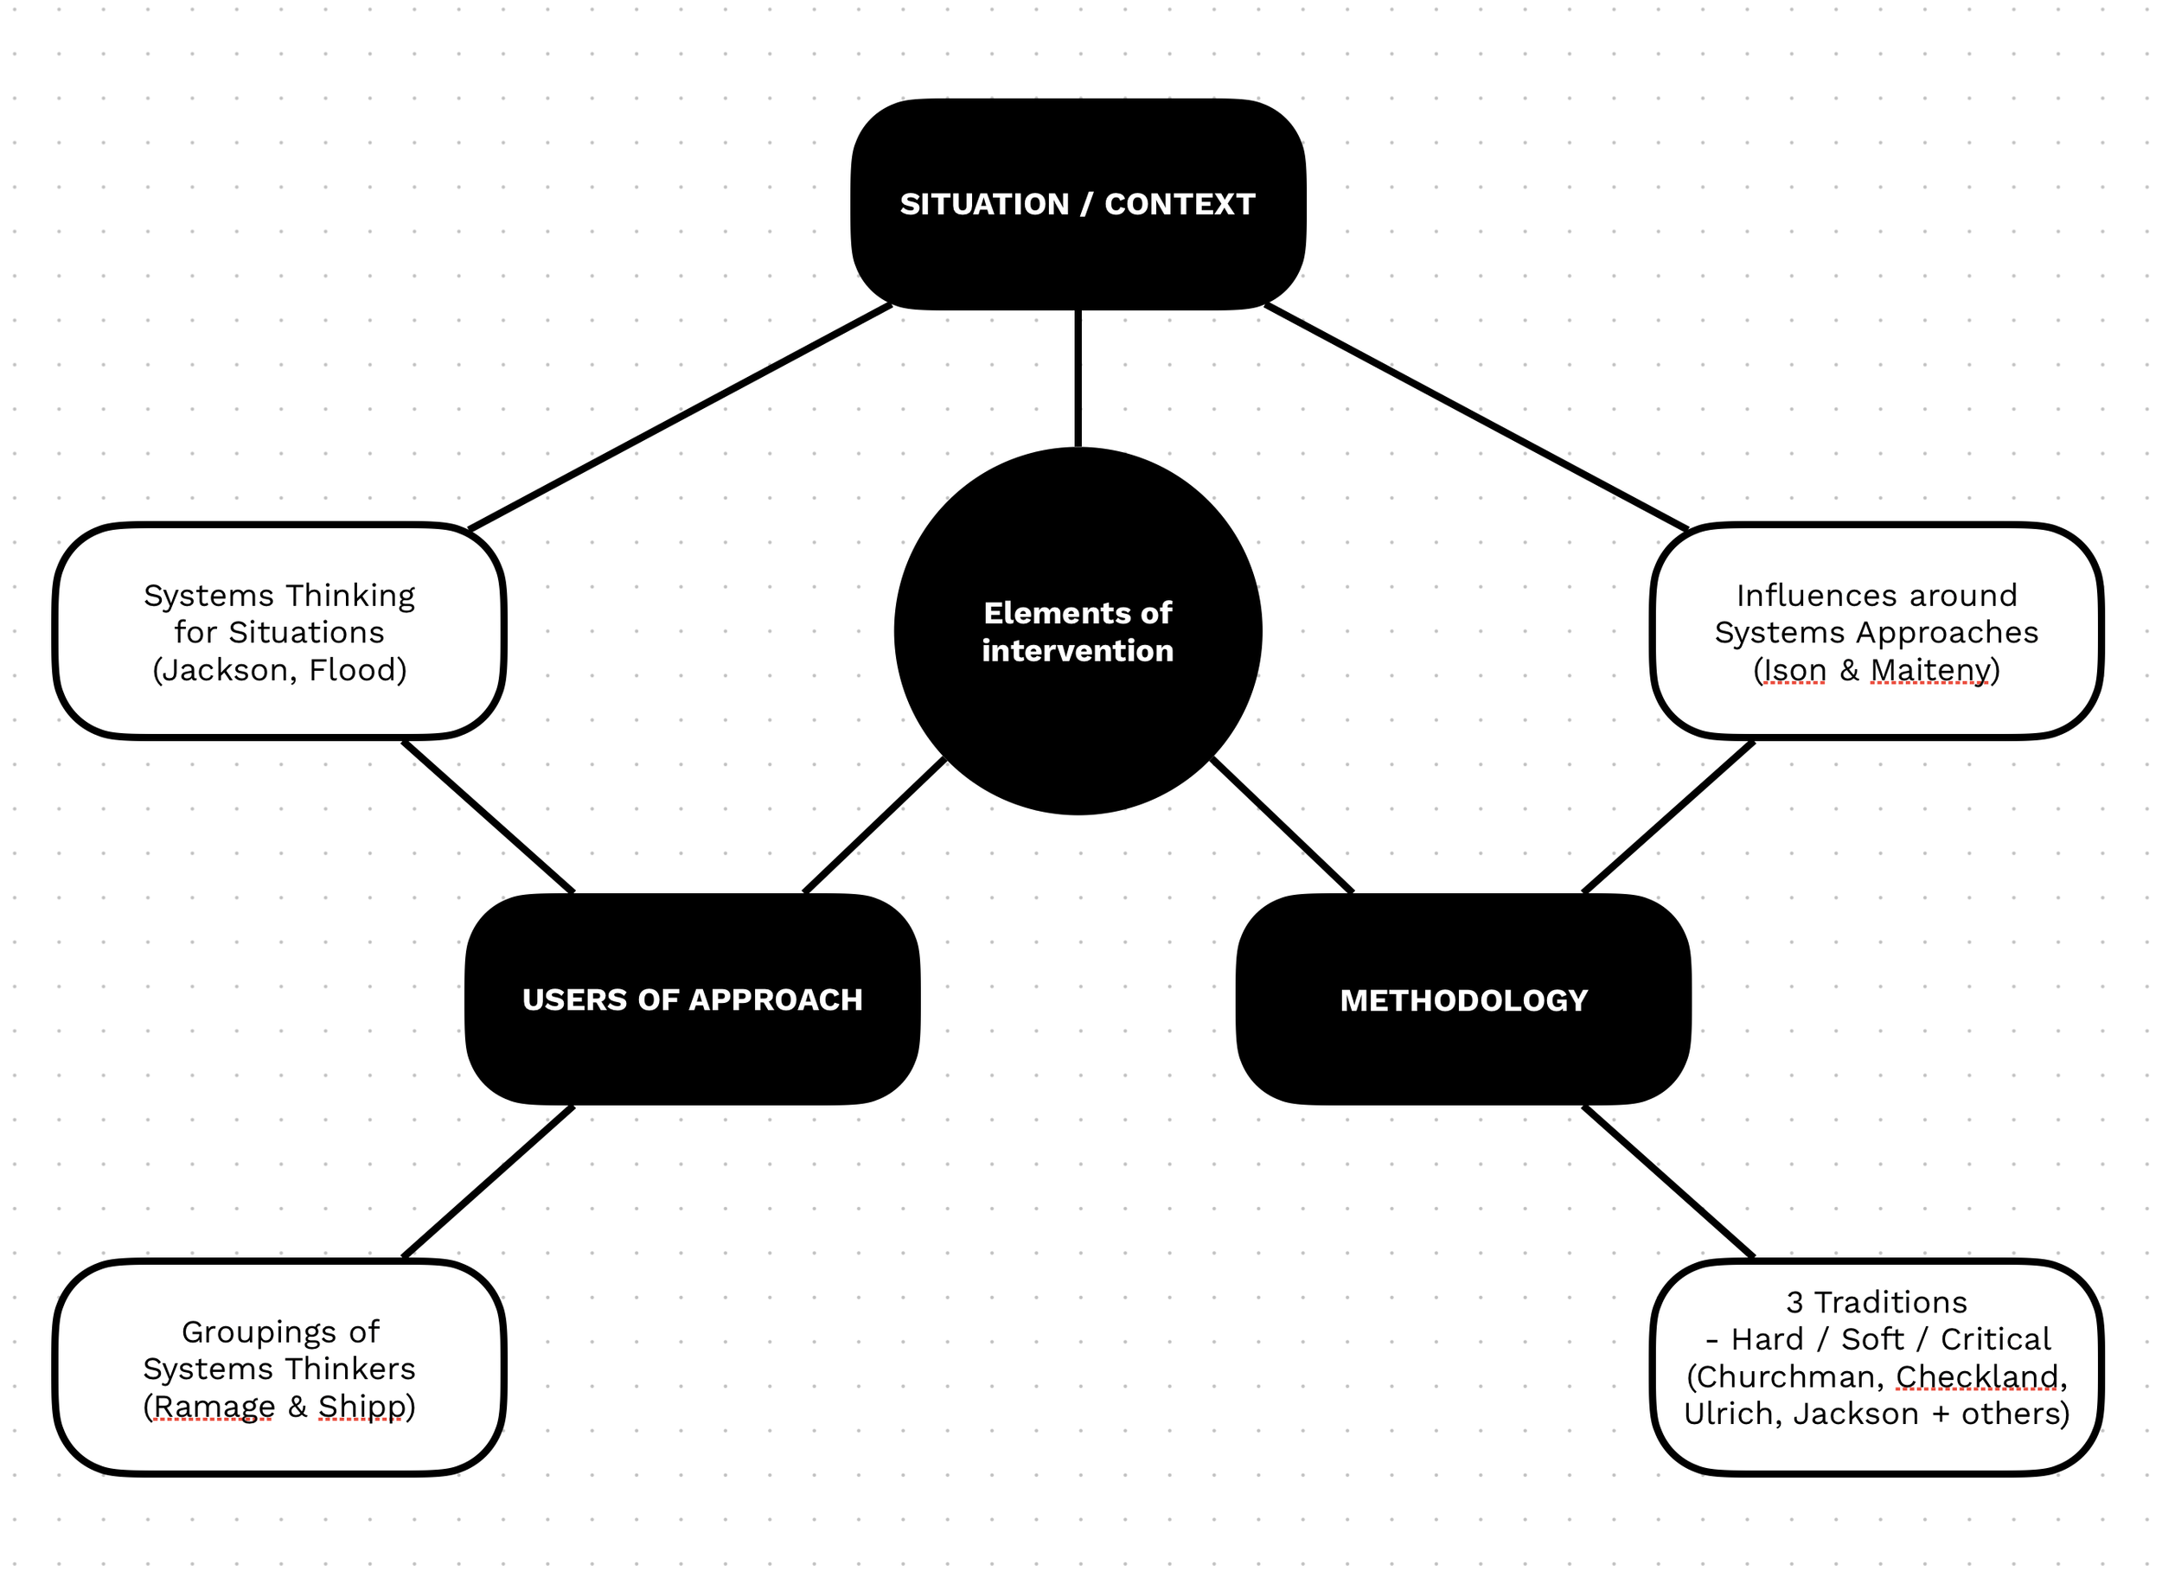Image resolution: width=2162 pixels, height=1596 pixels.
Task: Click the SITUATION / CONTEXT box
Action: [1078, 204]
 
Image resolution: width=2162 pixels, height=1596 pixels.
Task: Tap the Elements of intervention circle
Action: [1078, 631]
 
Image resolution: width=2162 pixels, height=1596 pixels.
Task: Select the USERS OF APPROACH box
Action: [692, 999]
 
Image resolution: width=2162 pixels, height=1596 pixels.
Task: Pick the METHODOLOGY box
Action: [1463, 999]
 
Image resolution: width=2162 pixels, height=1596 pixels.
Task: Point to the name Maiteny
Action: [1930, 669]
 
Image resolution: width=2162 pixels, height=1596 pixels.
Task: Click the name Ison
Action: [1794, 669]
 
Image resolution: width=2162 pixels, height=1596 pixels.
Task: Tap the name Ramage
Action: [214, 1406]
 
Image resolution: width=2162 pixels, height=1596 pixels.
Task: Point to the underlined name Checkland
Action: [1976, 1376]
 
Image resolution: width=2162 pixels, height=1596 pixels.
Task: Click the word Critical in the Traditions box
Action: [1995, 1339]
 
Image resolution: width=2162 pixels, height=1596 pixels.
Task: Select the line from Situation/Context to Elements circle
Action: [1078, 379]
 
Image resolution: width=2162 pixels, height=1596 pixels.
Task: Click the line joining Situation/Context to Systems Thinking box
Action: [680, 418]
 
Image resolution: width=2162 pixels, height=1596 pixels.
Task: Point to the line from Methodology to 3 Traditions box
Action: [1668, 1182]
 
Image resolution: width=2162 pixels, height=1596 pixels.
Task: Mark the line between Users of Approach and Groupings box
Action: [488, 1182]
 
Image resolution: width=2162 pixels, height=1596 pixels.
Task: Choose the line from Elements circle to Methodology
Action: [1282, 825]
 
